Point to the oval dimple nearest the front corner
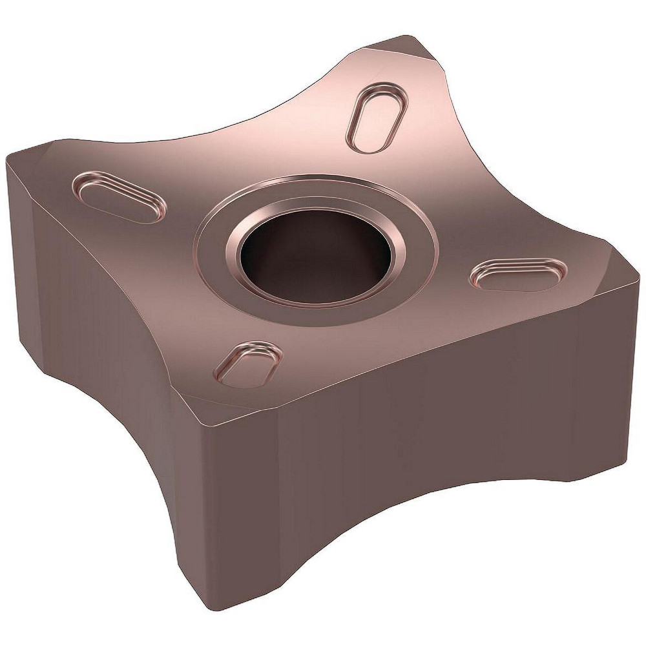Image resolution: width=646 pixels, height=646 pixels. click(249, 364)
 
